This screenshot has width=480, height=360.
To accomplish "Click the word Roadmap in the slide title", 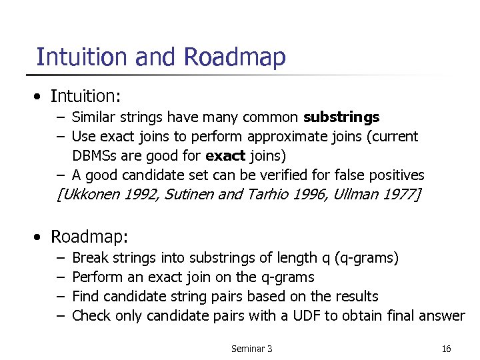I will coord(234,57).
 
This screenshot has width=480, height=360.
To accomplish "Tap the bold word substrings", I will coord(341,117).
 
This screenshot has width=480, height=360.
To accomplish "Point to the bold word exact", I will coord(226,156).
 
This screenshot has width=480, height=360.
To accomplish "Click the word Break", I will coord(90,257).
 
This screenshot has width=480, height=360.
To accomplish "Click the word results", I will coord(355,296).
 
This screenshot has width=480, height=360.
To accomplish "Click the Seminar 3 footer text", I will coord(251,349).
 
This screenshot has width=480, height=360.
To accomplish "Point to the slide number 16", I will coord(446,349).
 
